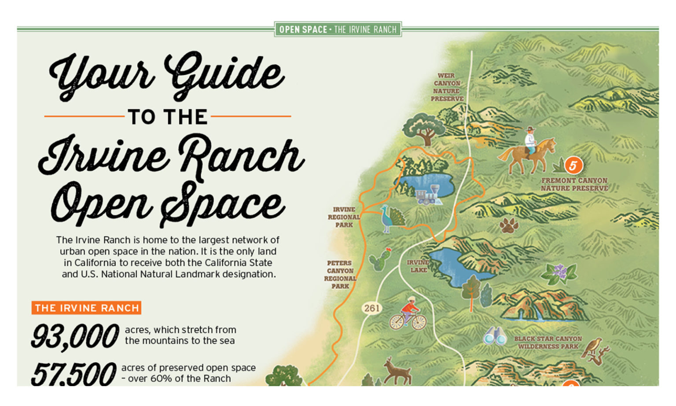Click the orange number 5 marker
pos(573,166)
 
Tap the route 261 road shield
pos(372,308)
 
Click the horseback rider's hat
pos(531,129)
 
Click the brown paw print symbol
pos(509,225)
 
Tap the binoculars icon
pos(495,336)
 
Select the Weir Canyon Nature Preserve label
pos(447,87)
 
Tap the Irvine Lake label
pos(418,266)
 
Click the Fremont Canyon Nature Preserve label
pos(574,184)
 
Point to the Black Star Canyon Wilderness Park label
pos(548,343)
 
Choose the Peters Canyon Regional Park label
pos(340,274)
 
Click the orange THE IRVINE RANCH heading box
pos(86,308)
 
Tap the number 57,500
pos(73,374)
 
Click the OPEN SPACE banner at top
pos(338,30)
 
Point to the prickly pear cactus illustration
pos(380,260)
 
